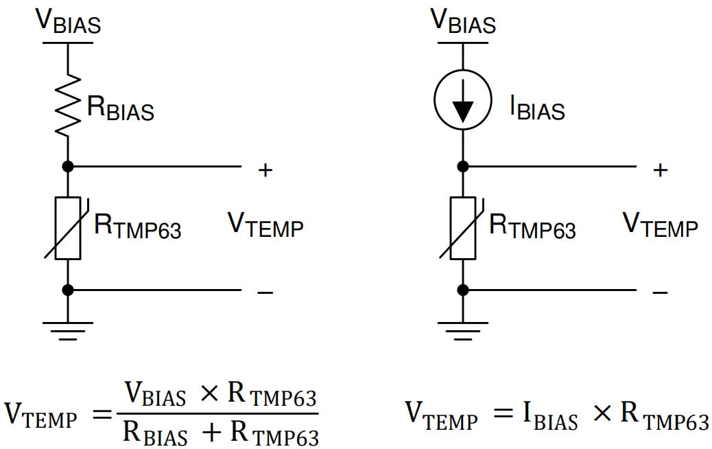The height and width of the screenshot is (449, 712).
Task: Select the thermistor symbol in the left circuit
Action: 68,228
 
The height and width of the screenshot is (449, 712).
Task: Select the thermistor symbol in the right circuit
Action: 463,228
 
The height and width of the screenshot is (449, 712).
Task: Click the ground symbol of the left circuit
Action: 68,332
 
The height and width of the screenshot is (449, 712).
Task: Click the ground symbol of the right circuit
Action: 463,332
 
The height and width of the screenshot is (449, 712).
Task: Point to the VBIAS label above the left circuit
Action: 68,21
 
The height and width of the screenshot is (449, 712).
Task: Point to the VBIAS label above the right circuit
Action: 463,21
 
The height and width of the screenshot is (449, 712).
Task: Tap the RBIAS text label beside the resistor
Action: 120,108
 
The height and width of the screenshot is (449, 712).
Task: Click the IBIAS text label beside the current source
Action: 537,108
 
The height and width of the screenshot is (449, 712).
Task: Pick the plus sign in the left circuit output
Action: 265,170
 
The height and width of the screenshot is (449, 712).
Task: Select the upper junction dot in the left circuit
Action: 68,166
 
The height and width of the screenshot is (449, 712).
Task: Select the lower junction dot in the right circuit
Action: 463,290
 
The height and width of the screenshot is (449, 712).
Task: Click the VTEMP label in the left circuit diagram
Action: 265,225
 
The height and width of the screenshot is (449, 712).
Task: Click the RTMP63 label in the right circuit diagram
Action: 532,227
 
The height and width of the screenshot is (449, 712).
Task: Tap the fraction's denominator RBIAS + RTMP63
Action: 221,432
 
